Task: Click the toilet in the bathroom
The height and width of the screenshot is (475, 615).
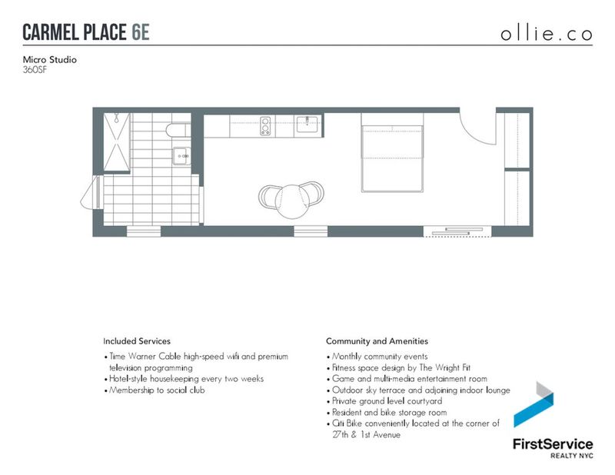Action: pos(178,130)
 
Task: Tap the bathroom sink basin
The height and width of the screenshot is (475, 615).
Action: pos(181,156)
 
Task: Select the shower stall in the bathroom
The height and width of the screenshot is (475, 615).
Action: pos(117,141)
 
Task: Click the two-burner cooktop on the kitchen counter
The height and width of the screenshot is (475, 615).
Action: pos(265,126)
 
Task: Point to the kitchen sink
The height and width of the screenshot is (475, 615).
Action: pos(308,125)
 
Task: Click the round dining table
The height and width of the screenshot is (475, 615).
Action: pos(291,201)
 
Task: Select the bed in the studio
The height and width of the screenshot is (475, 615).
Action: pos(392,153)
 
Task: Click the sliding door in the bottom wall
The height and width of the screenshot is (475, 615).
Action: pos(457,231)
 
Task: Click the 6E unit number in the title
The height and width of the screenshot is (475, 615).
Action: pos(141,32)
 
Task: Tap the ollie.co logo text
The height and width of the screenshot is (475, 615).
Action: pos(547,34)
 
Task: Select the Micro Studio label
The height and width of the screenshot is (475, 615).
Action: pos(49,60)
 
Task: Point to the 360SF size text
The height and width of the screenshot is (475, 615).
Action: pos(35,70)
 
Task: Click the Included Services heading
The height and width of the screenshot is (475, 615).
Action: pos(137,341)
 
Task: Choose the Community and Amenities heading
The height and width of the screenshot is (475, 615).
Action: pos(377,341)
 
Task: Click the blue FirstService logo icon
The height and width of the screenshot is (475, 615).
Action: pos(534,404)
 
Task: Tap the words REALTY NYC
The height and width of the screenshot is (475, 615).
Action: pos(571,456)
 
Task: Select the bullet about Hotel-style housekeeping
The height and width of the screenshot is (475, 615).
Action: pos(184,379)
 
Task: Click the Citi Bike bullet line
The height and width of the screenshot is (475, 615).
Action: pos(413,429)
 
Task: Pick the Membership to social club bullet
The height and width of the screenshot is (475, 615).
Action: pos(155,390)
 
